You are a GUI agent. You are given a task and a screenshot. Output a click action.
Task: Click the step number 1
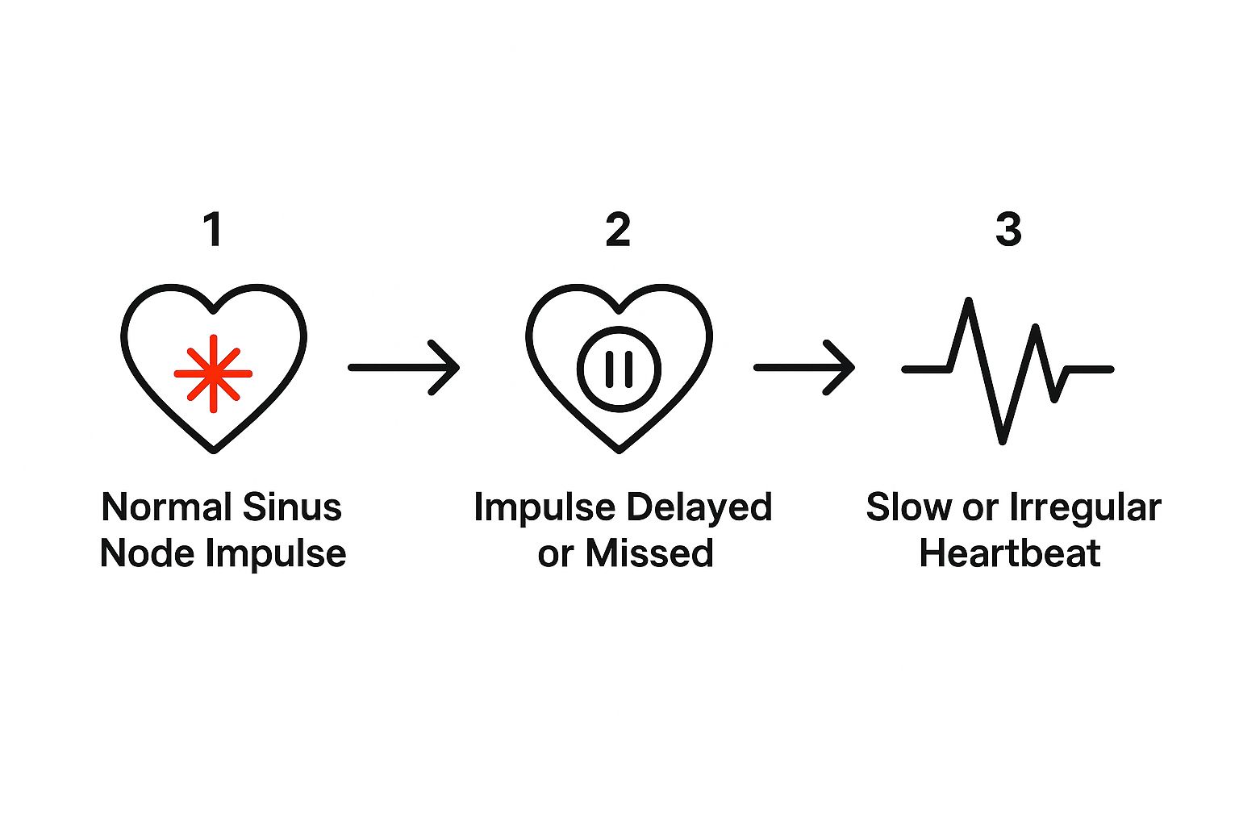[x=213, y=230]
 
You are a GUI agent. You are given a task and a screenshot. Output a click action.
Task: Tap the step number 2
[x=618, y=230]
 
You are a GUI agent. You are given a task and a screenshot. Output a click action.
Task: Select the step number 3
[x=1008, y=230]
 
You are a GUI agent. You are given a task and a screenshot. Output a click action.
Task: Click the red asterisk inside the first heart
[x=213, y=373]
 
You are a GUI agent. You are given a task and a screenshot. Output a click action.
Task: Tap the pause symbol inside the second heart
[x=619, y=369]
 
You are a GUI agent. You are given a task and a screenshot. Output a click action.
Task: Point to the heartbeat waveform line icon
[x=1007, y=370]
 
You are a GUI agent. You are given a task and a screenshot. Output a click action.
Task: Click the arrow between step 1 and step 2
[x=404, y=368]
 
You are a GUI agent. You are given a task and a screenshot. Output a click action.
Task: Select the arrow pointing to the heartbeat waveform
[x=804, y=368]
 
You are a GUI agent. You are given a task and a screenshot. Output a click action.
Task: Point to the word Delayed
[x=698, y=508]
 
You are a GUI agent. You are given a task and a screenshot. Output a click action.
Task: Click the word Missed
[x=649, y=553]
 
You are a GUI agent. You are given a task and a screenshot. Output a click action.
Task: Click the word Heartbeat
[x=1010, y=553]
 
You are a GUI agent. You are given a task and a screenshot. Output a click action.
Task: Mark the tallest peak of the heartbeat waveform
[x=969, y=300]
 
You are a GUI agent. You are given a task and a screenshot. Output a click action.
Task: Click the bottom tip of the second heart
[x=619, y=450]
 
